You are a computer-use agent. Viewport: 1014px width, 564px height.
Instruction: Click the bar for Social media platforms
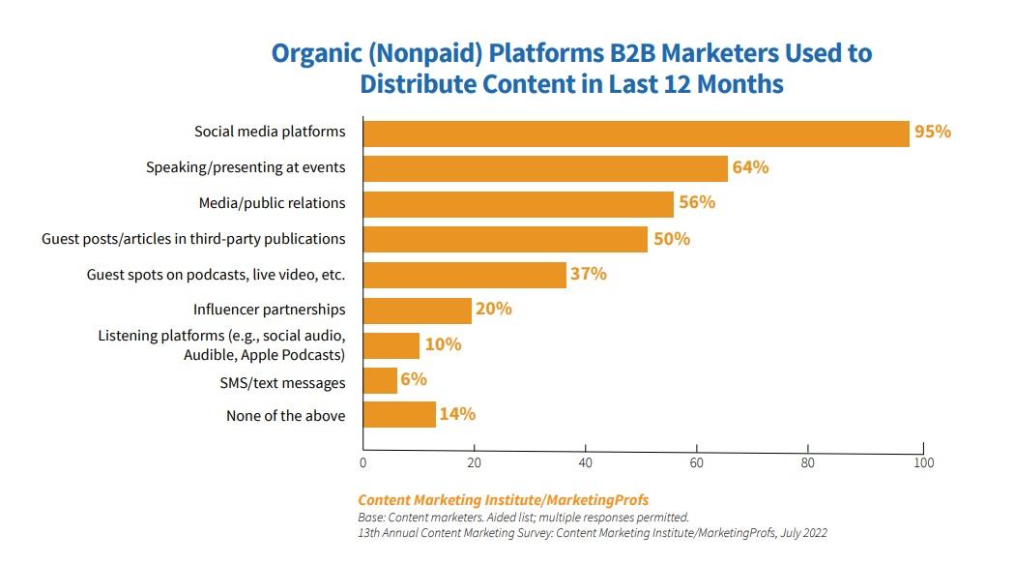[636, 133]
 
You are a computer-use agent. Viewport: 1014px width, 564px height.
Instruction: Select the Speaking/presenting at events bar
[545, 168]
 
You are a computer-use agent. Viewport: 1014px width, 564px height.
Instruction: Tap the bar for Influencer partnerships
[417, 311]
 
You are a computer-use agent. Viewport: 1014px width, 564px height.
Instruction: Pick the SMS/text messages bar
[380, 381]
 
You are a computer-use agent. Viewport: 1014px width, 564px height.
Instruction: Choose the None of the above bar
[399, 415]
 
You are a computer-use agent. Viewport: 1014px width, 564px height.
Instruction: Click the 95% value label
[933, 132]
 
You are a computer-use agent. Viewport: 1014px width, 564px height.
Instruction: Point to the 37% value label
[588, 274]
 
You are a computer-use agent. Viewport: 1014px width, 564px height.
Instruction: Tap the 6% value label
[414, 380]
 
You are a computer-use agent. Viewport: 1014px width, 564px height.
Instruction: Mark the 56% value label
[696, 202]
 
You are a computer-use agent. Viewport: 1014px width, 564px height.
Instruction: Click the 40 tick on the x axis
[585, 462]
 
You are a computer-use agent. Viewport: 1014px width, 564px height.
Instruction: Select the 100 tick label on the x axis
[923, 462]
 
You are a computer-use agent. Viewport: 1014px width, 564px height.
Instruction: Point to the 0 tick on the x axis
[362, 462]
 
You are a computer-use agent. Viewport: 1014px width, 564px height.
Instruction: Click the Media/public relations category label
[272, 203]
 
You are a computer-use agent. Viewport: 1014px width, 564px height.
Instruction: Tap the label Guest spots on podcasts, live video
[216, 275]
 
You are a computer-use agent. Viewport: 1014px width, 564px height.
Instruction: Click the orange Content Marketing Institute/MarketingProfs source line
[503, 500]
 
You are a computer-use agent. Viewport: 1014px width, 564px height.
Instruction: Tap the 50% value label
[672, 238]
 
